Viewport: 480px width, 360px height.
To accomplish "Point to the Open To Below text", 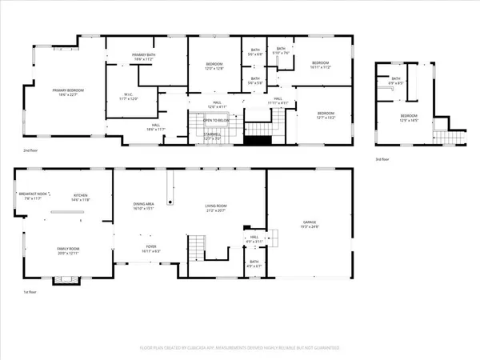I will point(212,131).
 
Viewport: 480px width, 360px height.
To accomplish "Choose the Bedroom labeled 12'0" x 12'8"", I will point(214,66).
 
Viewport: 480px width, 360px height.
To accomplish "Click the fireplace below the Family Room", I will point(65,278).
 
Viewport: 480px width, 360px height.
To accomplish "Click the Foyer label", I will point(150,250).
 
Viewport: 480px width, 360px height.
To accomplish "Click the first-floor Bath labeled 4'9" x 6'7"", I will point(254,263).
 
